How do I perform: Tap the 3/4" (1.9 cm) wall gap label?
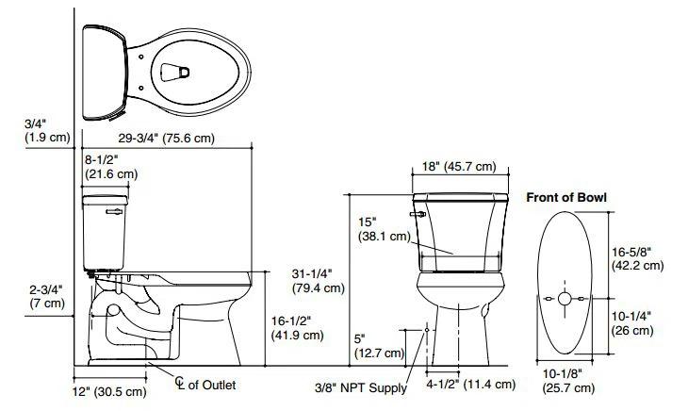(46, 131)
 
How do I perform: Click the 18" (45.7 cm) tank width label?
(458, 167)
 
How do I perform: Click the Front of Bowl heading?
(566, 198)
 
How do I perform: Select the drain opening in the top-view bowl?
(173, 71)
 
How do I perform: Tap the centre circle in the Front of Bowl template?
(565, 299)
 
